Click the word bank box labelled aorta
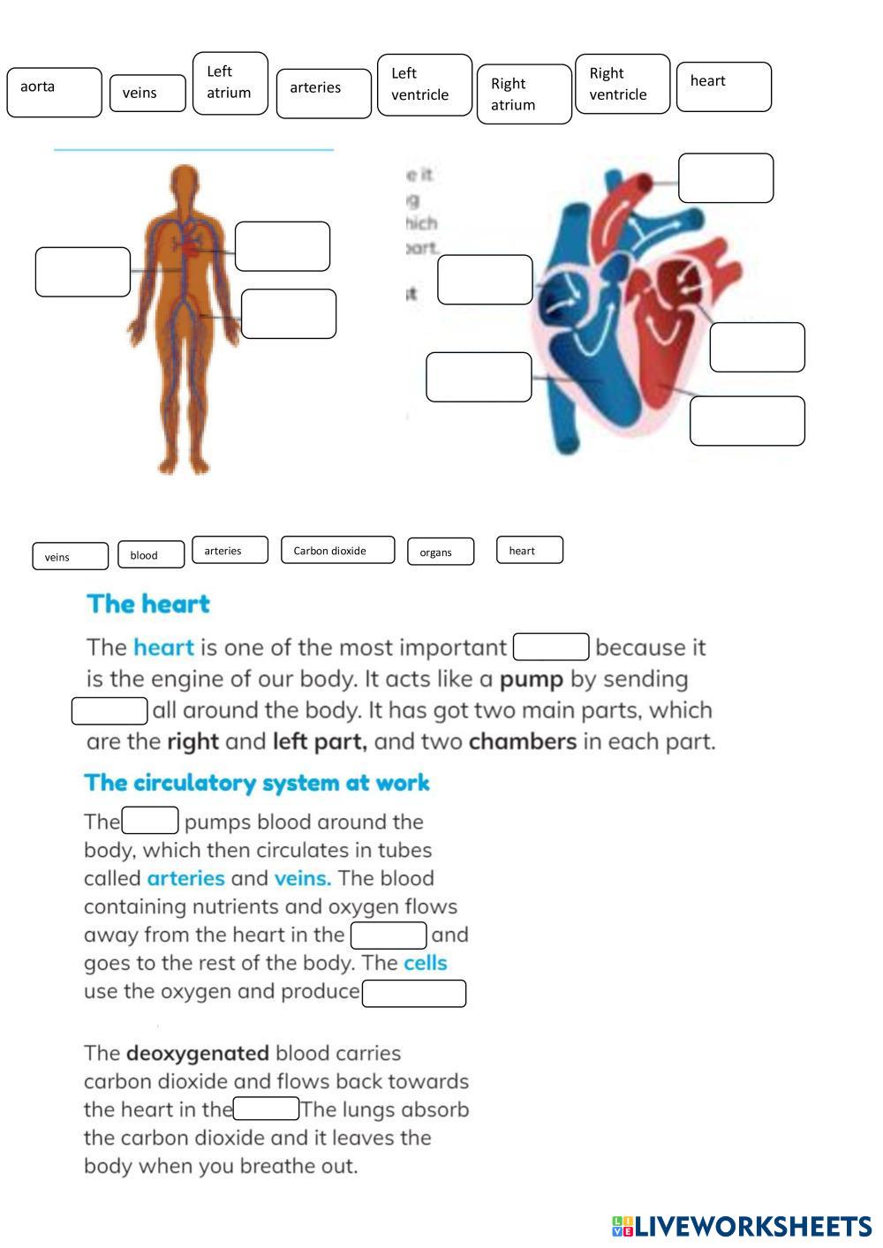coord(54,92)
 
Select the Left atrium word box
coord(230,83)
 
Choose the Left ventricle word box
coord(425,85)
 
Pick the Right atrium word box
coord(524,94)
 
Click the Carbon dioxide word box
coord(337,550)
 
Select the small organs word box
coord(440,552)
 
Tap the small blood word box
coord(151,554)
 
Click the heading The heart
coord(148,605)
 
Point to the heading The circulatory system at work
coord(257,783)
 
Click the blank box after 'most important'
coord(551,647)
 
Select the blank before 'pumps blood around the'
coord(150,821)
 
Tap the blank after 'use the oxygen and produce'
coord(414,994)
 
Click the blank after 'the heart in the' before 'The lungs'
coord(266,1109)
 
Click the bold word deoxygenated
coord(197,1053)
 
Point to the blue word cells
coord(425,963)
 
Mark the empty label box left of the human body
coord(83,272)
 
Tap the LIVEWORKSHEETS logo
coord(742,1226)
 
